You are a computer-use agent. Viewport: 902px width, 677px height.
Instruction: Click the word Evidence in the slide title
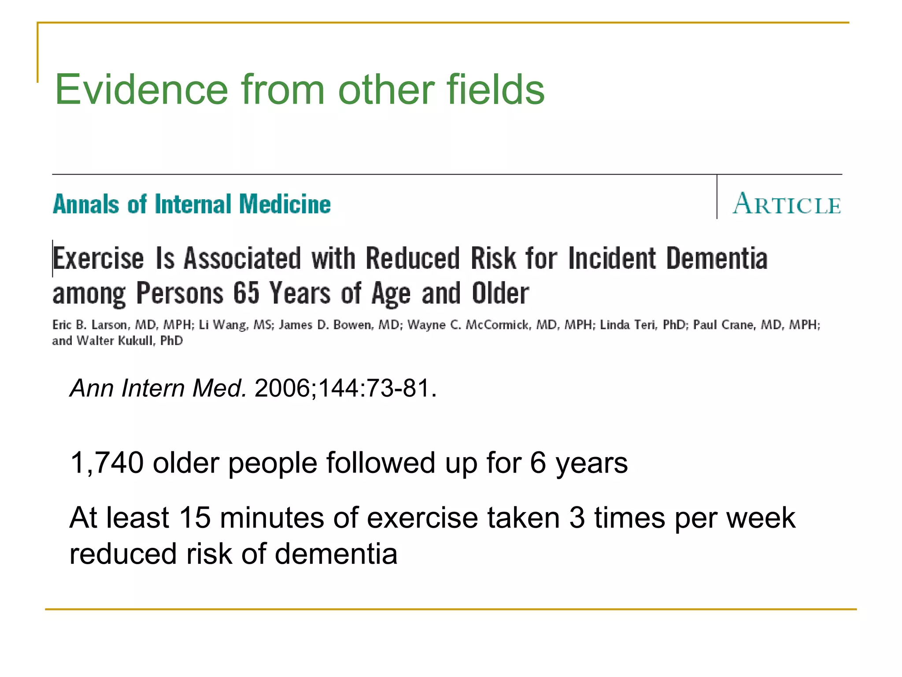click(141, 90)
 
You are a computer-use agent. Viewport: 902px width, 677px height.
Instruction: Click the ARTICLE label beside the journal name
click(787, 204)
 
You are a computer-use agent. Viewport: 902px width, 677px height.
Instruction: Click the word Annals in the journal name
click(85, 205)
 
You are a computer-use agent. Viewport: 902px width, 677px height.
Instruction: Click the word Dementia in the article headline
click(717, 258)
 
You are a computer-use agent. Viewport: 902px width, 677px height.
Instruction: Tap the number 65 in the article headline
click(246, 293)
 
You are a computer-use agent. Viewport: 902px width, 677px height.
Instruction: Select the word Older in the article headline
click(500, 293)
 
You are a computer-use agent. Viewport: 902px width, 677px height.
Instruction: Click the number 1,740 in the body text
click(107, 463)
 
